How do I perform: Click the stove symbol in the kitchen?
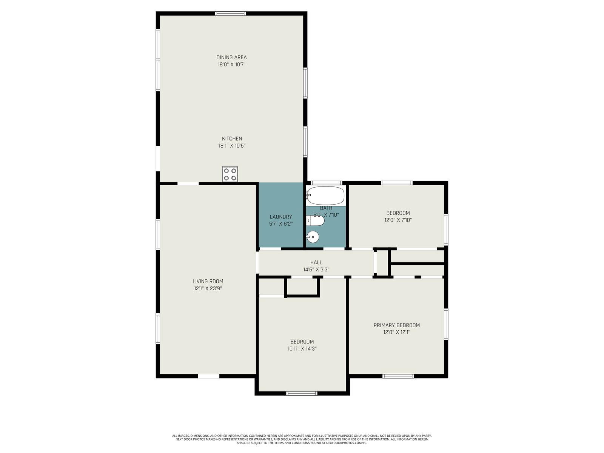pos(230,174)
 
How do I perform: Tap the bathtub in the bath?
pos(325,196)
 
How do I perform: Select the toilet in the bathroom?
pos(315,220)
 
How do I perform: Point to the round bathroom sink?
pos(313,237)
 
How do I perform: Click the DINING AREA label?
pos(231,57)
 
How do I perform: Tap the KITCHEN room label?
pos(232,139)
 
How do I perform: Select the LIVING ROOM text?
pos(208,281)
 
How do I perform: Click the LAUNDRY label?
pos(281,217)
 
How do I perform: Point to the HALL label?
pos(316,262)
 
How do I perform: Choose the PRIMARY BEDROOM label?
pos(396,325)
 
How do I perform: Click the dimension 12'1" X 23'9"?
pos(208,288)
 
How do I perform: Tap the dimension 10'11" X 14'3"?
pos(302,349)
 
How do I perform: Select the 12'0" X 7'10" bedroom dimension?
pos(398,220)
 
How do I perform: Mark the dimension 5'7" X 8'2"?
pos(281,224)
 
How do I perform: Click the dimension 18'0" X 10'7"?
pos(231,65)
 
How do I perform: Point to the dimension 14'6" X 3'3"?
pos(316,270)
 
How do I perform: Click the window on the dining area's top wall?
pos(231,14)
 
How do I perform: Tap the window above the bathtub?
pos(327,183)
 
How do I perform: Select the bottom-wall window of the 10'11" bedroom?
pos(302,393)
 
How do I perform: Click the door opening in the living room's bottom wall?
pos(209,376)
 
